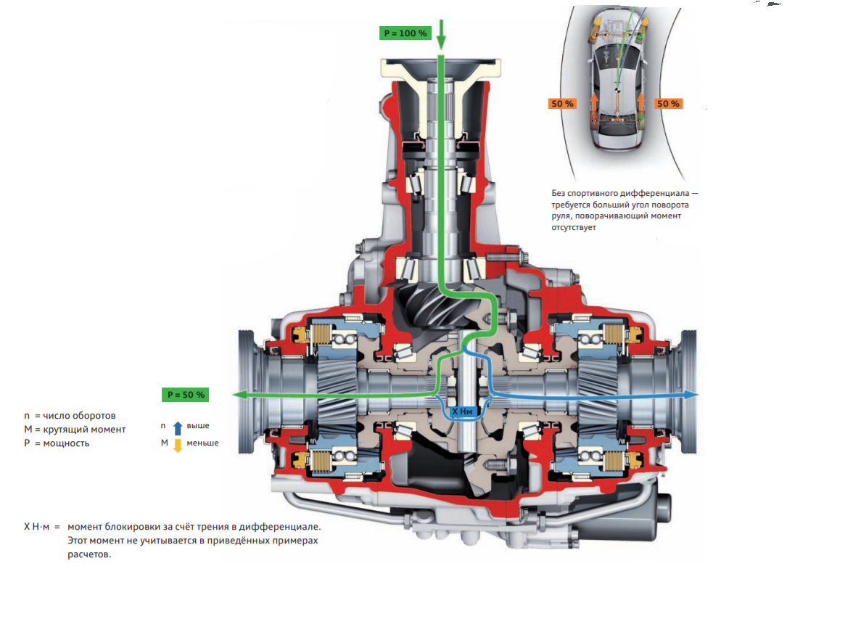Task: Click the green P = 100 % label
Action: coord(405,33)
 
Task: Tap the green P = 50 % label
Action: coord(186,395)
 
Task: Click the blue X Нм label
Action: coord(463,411)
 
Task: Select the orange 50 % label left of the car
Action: coord(562,103)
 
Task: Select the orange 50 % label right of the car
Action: coord(668,103)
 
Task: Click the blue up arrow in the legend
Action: coord(177,428)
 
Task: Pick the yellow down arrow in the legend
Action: coord(177,446)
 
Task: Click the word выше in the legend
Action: coord(198,425)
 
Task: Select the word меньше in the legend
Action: coord(202,443)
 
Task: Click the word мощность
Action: coord(66,443)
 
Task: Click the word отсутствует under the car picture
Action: coord(573,228)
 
